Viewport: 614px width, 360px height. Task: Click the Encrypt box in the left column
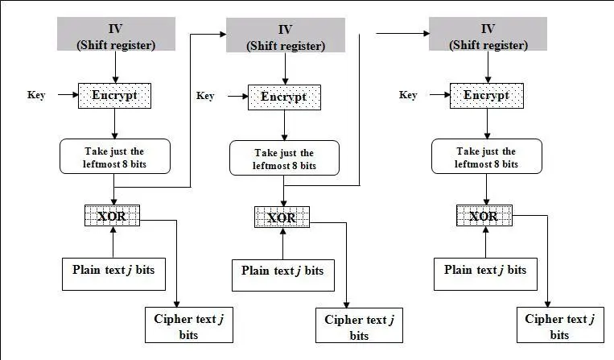tap(115, 95)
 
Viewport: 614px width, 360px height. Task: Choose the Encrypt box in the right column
tap(485, 95)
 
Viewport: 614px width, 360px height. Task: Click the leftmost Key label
tap(36, 95)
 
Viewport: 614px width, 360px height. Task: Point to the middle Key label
tap(205, 97)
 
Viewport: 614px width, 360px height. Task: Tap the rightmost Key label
tap(408, 95)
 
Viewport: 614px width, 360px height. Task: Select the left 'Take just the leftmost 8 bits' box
tap(115, 155)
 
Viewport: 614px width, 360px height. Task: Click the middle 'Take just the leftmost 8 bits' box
tap(284, 158)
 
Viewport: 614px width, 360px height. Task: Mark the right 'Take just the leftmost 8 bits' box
tap(485, 155)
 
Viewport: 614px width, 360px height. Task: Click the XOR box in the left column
tap(112, 216)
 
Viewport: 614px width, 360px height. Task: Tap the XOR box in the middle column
tap(282, 217)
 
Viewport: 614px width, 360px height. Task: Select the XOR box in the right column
tap(484, 216)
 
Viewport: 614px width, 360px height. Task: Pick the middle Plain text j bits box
tap(283, 274)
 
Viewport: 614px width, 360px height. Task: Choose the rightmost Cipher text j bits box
tap(559, 326)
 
